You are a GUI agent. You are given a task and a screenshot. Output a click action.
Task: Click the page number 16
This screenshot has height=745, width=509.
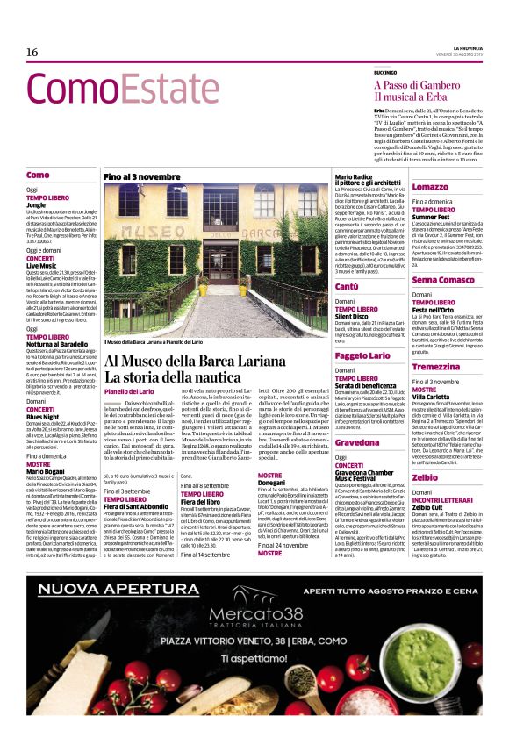pyautogui.click(x=32, y=52)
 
